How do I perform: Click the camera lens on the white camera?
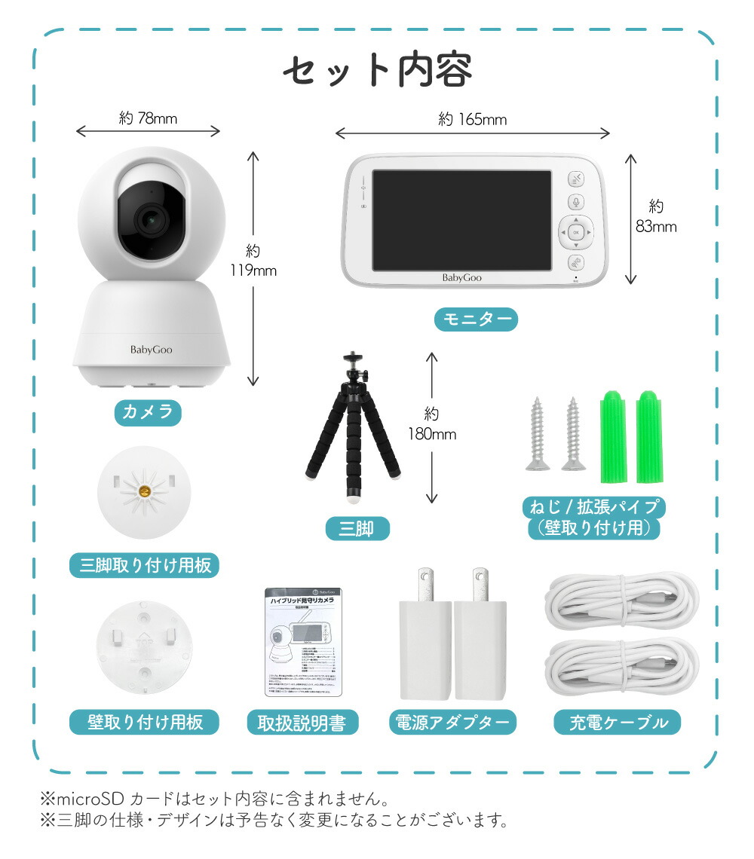click(x=151, y=219)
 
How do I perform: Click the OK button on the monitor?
click(x=575, y=233)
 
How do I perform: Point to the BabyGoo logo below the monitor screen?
click(x=461, y=277)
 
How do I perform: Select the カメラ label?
click(x=148, y=411)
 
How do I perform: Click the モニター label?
click(x=476, y=319)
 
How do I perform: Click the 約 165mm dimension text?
click(x=473, y=119)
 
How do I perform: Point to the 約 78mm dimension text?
click(x=148, y=118)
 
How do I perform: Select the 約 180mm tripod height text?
click(x=432, y=423)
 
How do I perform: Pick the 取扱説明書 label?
click(x=302, y=723)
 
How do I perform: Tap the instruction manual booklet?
click(x=302, y=642)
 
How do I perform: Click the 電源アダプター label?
click(x=452, y=723)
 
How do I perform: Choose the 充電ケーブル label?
click(x=617, y=723)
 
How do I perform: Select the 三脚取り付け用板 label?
click(x=144, y=565)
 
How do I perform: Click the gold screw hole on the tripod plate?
click(x=143, y=492)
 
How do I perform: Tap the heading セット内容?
click(x=377, y=71)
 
